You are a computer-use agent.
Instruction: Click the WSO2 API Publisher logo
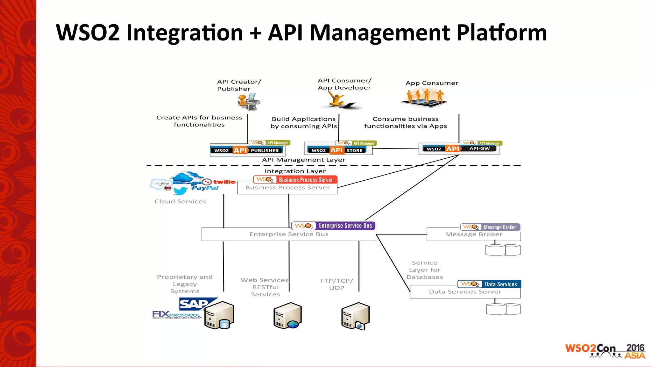[246, 150]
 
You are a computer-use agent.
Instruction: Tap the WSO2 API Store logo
[338, 150]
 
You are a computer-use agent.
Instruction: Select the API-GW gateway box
[459, 149]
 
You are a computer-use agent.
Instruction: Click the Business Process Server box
[287, 188]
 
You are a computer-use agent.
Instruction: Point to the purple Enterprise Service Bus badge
[333, 226]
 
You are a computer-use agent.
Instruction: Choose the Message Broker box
[473, 234]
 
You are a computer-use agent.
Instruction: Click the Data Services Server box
[465, 292]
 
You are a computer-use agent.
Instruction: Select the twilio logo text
[224, 182]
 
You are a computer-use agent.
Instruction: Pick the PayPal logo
[205, 188]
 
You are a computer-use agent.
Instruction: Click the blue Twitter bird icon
[180, 191]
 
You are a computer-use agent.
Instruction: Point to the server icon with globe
[287, 316]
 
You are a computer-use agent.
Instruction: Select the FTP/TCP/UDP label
[337, 284]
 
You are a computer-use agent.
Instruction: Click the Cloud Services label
[180, 201]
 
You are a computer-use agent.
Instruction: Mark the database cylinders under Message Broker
[503, 250]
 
